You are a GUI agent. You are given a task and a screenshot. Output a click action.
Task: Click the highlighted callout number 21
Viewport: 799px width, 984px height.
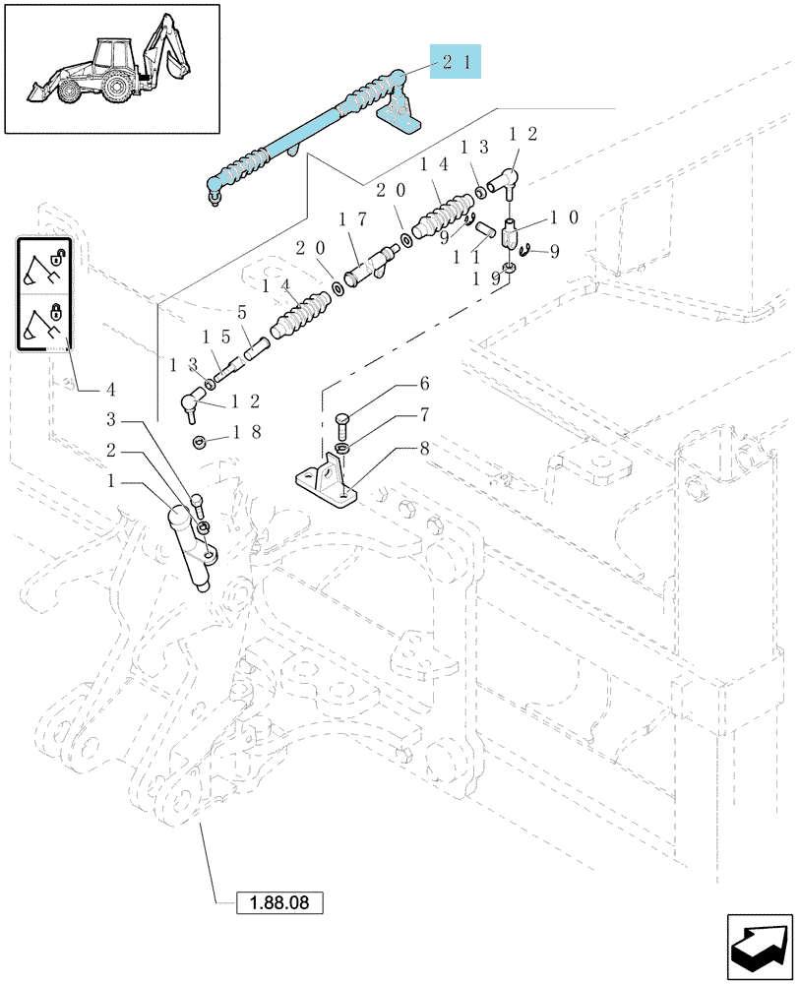tap(456, 61)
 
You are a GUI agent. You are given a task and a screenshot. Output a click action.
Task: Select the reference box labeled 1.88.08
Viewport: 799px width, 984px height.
tap(279, 903)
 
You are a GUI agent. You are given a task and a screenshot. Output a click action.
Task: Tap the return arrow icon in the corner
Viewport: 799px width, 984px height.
tap(759, 947)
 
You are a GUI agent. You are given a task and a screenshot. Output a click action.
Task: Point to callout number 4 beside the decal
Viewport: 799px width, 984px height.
tap(111, 390)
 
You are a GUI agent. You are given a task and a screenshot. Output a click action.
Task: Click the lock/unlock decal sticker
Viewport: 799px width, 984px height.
tap(44, 293)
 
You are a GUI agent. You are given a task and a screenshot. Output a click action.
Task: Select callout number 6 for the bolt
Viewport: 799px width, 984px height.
tap(424, 384)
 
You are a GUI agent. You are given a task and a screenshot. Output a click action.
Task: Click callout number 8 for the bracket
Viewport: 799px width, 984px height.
tap(424, 448)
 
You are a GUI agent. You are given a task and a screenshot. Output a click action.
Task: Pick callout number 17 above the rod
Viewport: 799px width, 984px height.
tap(352, 219)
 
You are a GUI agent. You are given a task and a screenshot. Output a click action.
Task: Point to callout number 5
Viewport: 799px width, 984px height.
tap(242, 313)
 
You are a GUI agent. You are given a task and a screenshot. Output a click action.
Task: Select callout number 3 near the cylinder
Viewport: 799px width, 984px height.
tap(111, 418)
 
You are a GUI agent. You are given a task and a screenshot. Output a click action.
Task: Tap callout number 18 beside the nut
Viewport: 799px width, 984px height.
tap(247, 432)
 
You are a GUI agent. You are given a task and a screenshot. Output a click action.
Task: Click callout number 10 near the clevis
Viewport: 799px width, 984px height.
tap(564, 217)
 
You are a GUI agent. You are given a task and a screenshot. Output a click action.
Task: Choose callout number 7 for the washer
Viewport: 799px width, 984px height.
tap(424, 415)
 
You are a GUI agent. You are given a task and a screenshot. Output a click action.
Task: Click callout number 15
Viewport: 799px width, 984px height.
tap(216, 337)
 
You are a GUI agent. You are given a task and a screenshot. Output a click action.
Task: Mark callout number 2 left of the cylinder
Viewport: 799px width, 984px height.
tap(111, 450)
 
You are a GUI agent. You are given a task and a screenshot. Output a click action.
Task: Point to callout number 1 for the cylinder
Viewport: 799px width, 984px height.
tap(111, 481)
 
